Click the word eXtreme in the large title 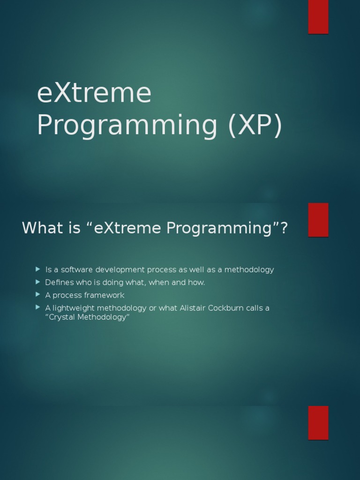tap(94, 93)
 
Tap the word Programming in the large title tap(127, 125)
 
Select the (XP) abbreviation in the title tap(255, 125)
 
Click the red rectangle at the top tap(318, 17)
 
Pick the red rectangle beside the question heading tap(318, 219)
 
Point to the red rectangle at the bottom tap(318, 422)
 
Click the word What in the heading tap(42, 228)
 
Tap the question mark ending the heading tap(283, 228)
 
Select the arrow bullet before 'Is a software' tap(38, 269)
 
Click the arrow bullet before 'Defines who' tap(38, 282)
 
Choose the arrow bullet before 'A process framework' tap(38, 294)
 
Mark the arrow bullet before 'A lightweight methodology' tap(38, 307)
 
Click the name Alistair tap(194, 308)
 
